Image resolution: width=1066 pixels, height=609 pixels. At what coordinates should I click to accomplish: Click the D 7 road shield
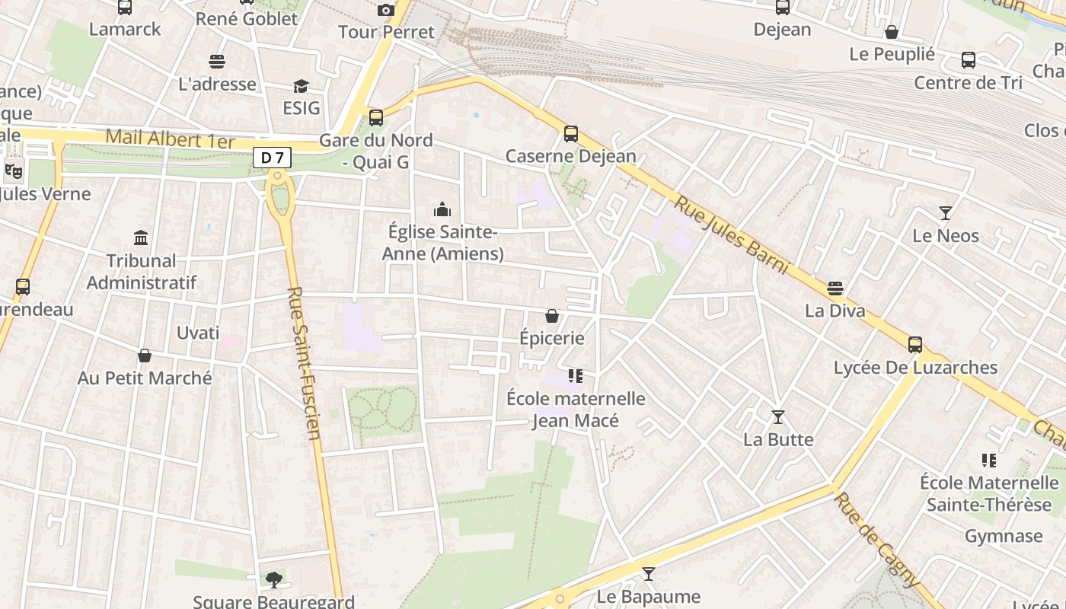point(272,158)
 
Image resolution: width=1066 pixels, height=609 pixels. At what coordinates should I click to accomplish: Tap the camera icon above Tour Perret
point(386,10)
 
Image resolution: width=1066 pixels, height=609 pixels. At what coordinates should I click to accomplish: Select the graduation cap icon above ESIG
point(302,86)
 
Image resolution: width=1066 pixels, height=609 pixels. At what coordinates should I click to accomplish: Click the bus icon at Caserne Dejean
point(571,134)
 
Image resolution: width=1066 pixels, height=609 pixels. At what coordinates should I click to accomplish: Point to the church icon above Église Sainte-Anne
point(442,209)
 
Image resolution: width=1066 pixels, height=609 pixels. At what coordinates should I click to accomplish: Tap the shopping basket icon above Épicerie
point(552,315)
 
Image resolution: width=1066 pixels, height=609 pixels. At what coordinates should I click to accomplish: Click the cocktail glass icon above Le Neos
point(946,213)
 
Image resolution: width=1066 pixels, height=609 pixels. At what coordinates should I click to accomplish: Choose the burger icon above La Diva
point(835,289)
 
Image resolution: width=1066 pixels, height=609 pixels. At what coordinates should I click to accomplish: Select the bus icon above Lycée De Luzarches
point(915,345)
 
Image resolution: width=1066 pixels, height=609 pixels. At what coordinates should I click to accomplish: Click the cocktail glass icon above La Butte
point(778,417)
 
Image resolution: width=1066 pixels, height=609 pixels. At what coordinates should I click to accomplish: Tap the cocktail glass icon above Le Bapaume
point(648,574)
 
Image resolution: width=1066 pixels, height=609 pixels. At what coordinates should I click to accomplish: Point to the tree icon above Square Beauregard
point(273,580)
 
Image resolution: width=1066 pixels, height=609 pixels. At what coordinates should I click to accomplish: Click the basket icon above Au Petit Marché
point(145,356)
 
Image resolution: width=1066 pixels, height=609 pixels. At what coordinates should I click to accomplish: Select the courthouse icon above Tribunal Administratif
point(141,238)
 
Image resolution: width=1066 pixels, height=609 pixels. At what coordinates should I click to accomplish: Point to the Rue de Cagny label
point(876,540)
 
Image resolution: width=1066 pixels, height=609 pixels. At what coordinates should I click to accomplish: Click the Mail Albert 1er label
point(171,139)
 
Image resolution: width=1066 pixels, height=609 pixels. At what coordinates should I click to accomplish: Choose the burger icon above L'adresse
point(217,62)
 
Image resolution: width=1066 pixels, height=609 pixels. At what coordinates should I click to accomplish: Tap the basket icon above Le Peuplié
point(892,32)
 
